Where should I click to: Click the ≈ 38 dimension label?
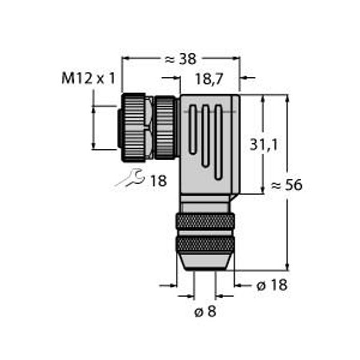click(181, 59)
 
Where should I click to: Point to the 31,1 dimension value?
click(247, 143)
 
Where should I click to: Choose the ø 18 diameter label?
click(272, 286)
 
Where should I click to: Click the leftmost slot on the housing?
click(191, 129)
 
